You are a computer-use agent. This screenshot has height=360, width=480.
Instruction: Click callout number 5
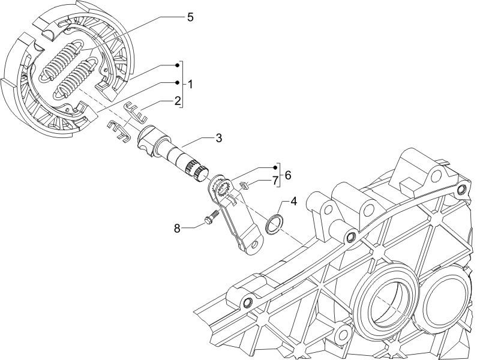[x=190, y=17]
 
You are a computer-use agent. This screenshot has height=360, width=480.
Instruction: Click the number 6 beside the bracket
[x=288, y=175]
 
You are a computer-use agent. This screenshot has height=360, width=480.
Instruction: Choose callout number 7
[x=275, y=179]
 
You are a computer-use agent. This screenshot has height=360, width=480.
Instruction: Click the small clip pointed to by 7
[x=243, y=185]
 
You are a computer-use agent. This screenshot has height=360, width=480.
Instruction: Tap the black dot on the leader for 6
[x=277, y=166]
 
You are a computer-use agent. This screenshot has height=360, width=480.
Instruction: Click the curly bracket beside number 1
[x=182, y=83]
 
